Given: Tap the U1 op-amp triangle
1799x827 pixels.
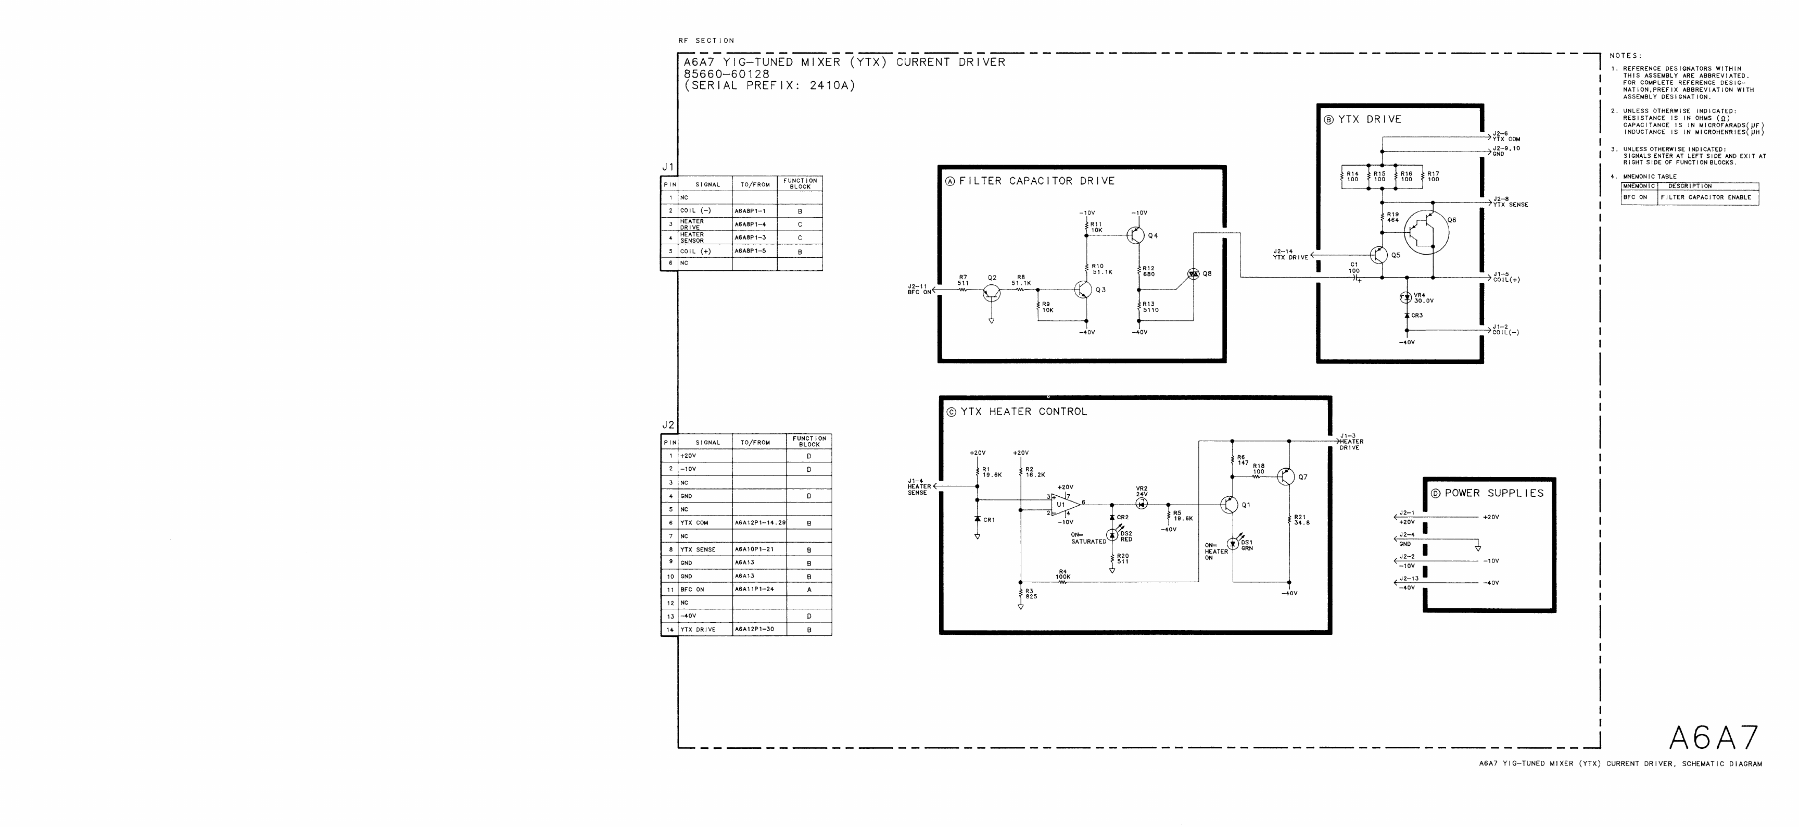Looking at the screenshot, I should click(x=1062, y=504).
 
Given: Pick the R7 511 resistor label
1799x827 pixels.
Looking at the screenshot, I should click(x=963, y=280).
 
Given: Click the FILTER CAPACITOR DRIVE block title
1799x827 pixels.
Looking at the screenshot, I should click(x=1036, y=181).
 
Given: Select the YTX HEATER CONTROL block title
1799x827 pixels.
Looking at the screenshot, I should click(x=1023, y=412).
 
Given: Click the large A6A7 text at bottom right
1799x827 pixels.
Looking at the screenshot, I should click(x=1713, y=737).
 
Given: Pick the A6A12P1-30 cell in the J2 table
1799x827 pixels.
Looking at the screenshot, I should click(x=754, y=629).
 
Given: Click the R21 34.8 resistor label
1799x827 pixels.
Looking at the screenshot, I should click(x=1301, y=520).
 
